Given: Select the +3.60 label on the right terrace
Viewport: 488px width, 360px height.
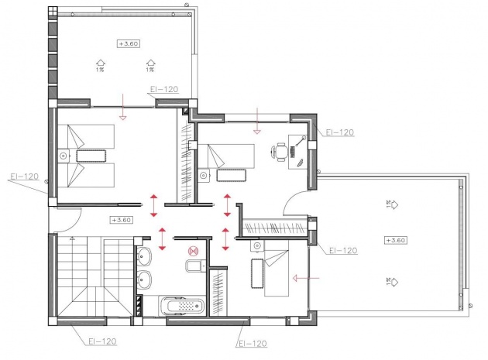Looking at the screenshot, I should pyautogui.click(x=395, y=240).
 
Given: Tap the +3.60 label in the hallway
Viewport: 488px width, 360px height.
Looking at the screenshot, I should pyautogui.click(x=121, y=219).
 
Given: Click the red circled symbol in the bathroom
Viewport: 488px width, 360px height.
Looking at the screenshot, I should pyautogui.click(x=193, y=250).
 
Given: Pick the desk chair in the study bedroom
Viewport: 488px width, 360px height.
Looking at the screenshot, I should pyautogui.click(x=280, y=152).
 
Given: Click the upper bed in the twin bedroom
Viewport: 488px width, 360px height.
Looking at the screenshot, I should pyautogui.click(x=87, y=139).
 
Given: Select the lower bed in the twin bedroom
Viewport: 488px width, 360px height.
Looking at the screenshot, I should pyautogui.click(x=87, y=173).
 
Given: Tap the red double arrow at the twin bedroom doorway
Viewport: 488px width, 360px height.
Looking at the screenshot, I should pyautogui.click(x=153, y=204).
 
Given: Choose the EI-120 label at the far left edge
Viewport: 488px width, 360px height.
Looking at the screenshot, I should pyautogui.click(x=24, y=177).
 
